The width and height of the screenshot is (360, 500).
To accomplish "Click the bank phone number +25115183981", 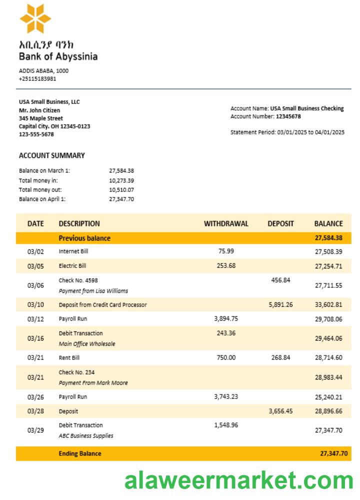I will tap(37, 78).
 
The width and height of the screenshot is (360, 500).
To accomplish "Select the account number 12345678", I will tap(288, 116).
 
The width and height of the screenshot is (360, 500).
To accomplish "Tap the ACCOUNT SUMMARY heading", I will tap(52, 155).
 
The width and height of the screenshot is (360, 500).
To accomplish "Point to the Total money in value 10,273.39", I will tap(121, 180).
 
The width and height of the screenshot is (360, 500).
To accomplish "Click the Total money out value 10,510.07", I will tap(121, 189).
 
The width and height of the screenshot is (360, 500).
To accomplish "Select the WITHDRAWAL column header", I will tap(226, 223).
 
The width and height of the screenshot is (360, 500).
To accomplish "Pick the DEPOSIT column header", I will tap(280, 223).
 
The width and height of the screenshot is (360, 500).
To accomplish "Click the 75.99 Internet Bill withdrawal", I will tap(226, 251).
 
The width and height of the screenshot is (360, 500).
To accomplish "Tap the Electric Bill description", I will tap(72, 266).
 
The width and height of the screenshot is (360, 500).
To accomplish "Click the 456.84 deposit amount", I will tap(280, 280).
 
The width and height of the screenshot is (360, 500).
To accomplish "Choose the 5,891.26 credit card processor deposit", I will tap(280, 304).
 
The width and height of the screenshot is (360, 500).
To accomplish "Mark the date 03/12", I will tap(35, 319).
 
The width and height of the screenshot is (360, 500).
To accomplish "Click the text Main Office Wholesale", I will tap(87, 343).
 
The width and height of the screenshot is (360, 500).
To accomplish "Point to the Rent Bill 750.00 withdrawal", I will tap(226, 357).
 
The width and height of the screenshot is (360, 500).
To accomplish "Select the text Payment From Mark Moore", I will tap(93, 382).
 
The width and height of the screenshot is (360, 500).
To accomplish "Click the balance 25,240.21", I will tap(328, 397).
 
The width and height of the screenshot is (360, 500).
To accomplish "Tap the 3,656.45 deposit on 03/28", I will tap(280, 410).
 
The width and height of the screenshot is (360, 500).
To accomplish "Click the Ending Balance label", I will tap(80, 453).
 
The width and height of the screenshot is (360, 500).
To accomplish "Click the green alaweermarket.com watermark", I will tap(239, 481).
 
